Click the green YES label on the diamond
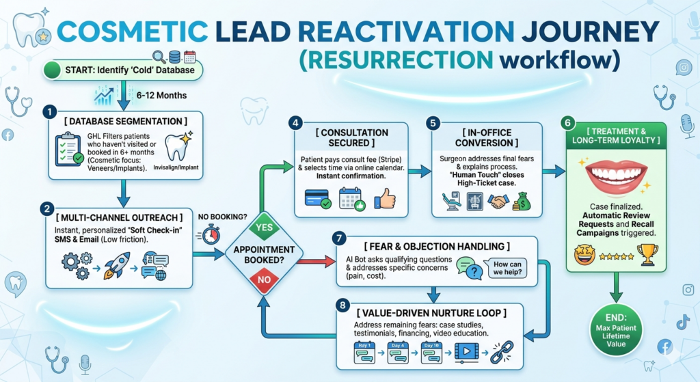coord(262,226)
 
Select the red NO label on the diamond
coord(262,279)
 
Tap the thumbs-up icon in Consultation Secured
coord(385,199)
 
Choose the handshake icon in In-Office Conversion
coord(498,200)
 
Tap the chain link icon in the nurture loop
coord(501,351)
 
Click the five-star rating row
coord(615,256)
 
